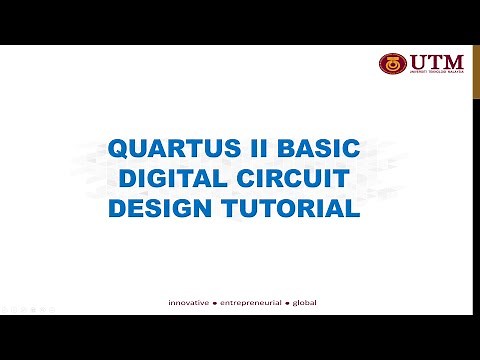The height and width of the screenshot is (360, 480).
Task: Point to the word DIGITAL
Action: (174, 180)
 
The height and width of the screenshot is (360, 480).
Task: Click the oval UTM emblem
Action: (392, 64)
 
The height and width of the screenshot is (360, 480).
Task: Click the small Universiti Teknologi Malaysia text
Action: (432, 73)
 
